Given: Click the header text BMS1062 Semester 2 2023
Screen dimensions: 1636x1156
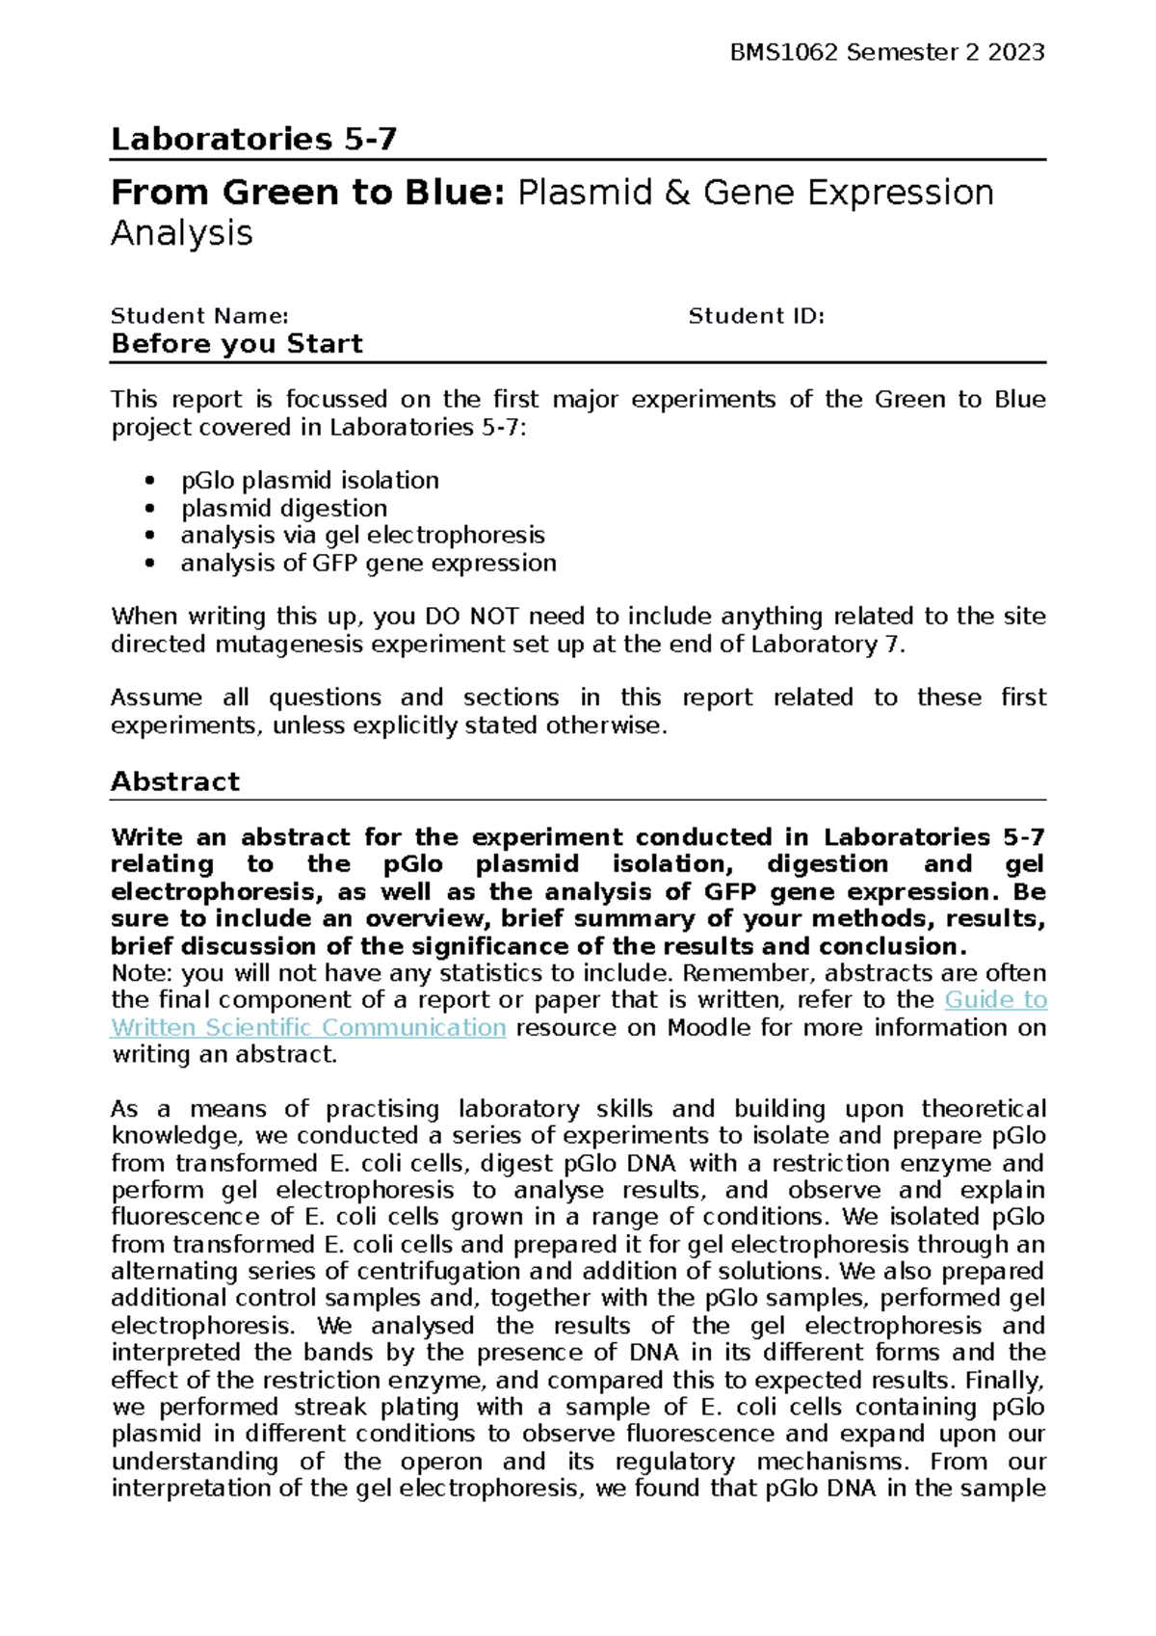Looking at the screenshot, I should (887, 53).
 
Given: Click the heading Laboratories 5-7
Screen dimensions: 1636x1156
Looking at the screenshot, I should (253, 140).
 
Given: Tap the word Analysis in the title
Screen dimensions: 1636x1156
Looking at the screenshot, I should (181, 234).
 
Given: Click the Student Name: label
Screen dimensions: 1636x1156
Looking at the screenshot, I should (199, 316).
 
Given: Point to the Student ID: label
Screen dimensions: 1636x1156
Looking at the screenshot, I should (756, 316).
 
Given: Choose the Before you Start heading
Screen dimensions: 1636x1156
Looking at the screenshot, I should (237, 344).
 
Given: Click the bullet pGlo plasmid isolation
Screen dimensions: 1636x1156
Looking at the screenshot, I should (309, 481).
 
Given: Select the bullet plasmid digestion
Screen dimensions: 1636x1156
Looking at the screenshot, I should (283, 509).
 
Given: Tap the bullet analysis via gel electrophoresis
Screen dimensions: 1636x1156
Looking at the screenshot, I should (362, 536).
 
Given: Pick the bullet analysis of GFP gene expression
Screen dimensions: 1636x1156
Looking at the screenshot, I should (368, 564).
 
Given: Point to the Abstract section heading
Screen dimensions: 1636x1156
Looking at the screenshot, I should (174, 781).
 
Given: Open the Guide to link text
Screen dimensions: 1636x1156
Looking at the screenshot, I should (995, 1000).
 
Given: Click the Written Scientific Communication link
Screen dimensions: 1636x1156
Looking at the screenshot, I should (308, 1028).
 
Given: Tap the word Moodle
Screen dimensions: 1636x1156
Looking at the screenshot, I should (709, 1028).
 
